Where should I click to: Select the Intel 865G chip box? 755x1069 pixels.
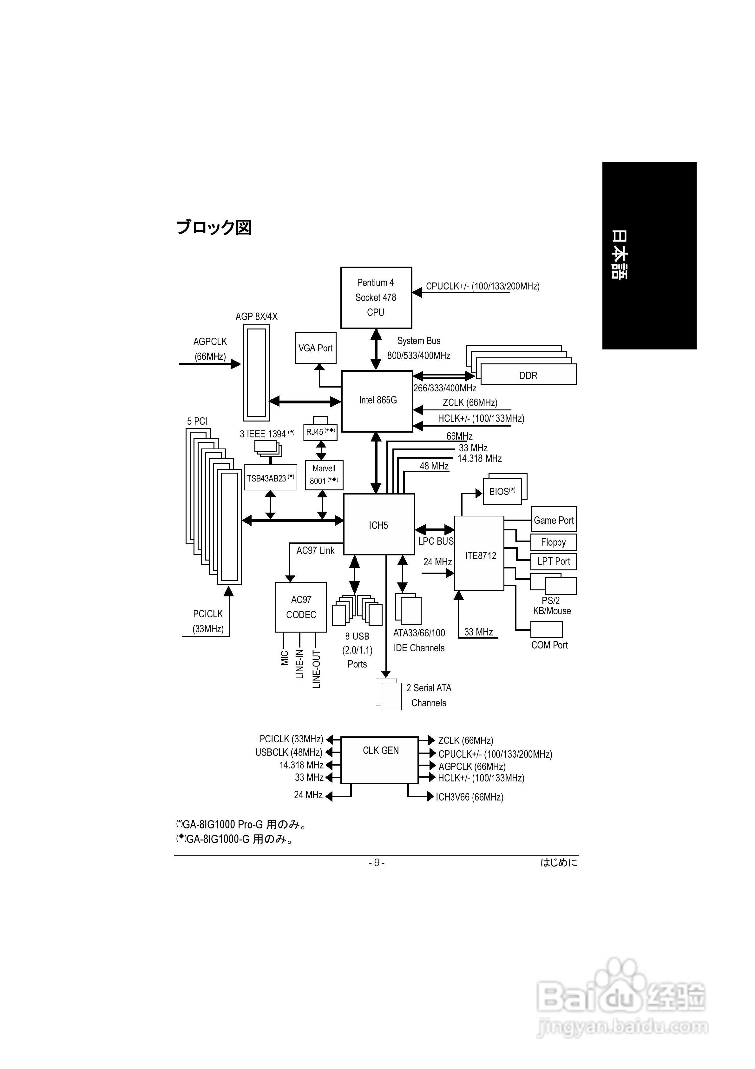tap(377, 401)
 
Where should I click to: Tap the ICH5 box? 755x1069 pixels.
tap(378, 524)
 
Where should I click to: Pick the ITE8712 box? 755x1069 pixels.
tap(479, 554)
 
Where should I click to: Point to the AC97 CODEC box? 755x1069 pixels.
tap(301, 607)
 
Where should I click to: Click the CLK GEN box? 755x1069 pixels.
tap(380, 760)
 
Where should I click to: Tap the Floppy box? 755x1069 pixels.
tap(554, 542)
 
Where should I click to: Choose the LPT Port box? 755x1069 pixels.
tap(554, 561)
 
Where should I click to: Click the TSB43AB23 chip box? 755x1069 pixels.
tap(270, 478)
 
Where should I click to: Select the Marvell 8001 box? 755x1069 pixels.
tap(324, 475)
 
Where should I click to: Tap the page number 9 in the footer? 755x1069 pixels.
tap(377, 863)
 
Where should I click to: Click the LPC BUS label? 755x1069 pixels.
tap(435, 541)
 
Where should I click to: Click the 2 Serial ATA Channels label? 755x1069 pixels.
tap(429, 695)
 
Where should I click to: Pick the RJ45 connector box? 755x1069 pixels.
tap(320, 432)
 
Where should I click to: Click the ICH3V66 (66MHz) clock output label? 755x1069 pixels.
tap(469, 797)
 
